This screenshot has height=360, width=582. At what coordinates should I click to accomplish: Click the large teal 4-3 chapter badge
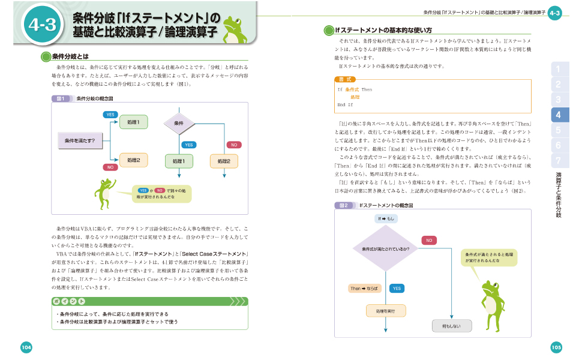point(41,25)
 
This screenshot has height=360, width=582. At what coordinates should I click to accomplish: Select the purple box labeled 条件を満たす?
point(80,141)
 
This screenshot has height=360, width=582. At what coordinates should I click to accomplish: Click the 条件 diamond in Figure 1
point(179,124)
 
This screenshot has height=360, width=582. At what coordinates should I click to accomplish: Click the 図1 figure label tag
point(59,98)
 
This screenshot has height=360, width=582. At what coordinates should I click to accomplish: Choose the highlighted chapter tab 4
point(558,115)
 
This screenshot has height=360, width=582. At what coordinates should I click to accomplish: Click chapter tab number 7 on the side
point(558,160)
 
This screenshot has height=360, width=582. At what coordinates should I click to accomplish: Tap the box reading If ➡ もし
point(386,219)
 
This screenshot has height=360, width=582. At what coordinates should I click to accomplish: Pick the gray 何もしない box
point(452,326)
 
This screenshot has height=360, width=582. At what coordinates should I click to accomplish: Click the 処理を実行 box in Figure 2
point(386,311)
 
